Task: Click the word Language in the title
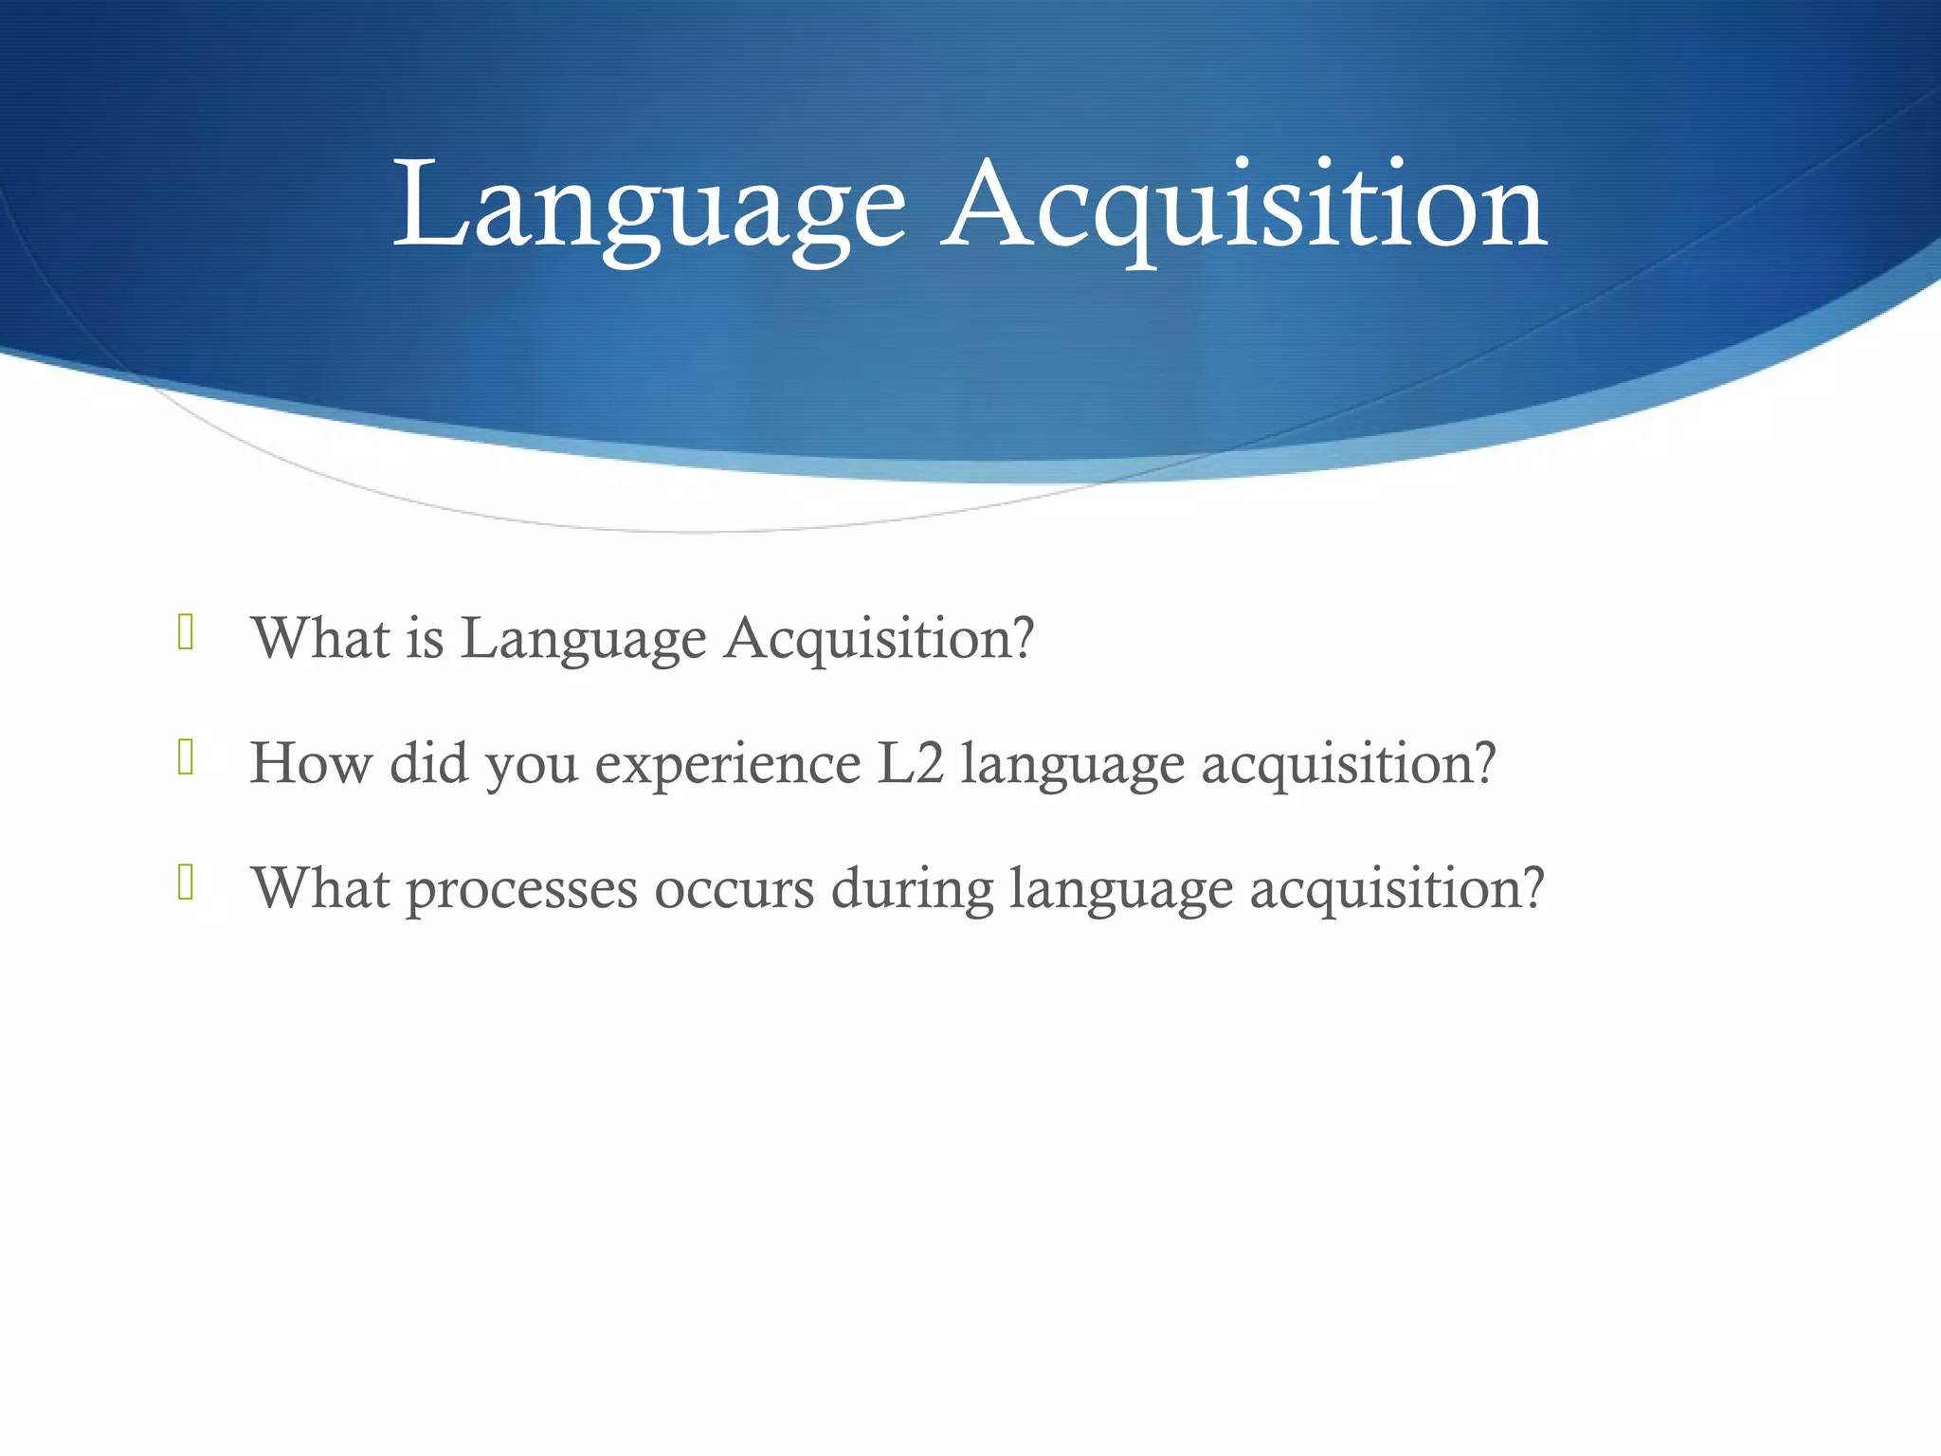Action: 650,207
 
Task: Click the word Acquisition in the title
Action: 1243,207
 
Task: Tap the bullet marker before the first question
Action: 186,632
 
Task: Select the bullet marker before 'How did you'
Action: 186,757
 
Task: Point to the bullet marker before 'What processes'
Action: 186,883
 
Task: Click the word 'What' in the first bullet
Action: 321,638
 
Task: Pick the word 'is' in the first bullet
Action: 426,638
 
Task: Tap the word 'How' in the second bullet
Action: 311,763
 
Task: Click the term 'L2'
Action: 911,763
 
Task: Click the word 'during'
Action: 912,889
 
